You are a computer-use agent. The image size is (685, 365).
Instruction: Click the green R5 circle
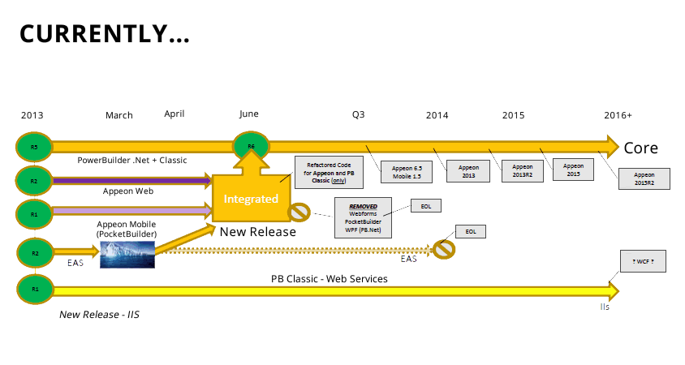pos(34,147)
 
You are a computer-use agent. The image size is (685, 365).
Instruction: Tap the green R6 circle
pos(251,147)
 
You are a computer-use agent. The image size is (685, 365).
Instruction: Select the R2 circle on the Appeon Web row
pos(34,180)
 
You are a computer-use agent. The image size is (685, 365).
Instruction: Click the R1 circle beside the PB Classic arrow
pos(34,288)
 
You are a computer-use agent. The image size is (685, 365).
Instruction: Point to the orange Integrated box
pos(251,199)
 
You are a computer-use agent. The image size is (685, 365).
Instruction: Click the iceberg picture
pos(127,253)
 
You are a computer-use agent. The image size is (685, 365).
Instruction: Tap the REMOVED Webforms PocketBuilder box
pos(364,217)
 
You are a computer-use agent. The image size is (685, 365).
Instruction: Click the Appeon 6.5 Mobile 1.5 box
pos(407,171)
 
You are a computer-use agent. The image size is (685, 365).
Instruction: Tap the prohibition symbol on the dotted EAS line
pos(443,249)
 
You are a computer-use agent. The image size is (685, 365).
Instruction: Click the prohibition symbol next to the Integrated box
pos(299,213)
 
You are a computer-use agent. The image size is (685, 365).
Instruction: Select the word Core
pos(640,148)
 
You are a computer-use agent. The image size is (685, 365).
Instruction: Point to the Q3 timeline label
pos(358,115)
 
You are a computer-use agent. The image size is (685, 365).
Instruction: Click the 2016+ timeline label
pos(618,115)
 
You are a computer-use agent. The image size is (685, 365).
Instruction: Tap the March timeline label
pos(119,115)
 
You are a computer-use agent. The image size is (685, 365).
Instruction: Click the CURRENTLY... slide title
pos(105,34)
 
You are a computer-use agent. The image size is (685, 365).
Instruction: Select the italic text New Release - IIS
pos(99,314)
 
